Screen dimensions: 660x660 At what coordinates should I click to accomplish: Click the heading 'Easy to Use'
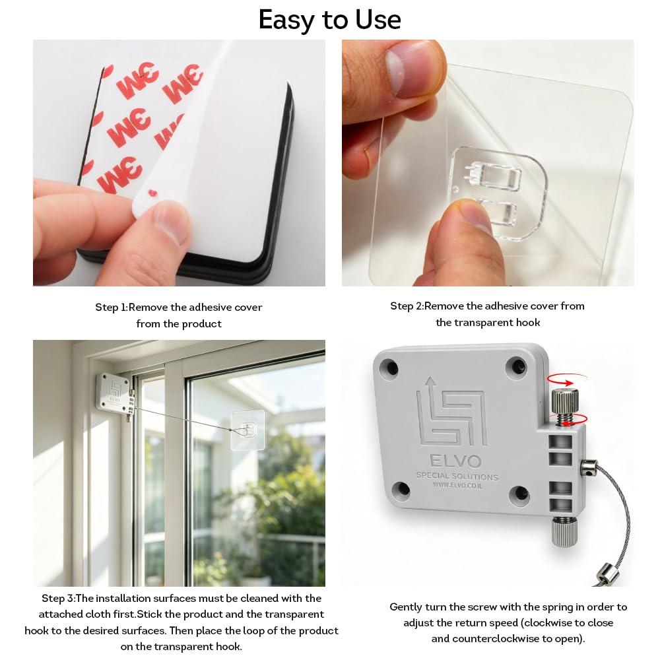tap(329, 19)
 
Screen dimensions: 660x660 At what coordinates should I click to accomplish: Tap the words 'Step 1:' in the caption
tap(111, 308)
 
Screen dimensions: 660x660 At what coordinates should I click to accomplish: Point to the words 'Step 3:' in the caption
tap(57, 598)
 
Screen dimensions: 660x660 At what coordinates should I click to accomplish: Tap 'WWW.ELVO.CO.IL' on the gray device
tap(458, 485)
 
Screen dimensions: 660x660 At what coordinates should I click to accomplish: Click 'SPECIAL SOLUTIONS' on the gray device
tap(457, 476)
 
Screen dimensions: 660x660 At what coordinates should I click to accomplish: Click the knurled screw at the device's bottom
tap(564, 533)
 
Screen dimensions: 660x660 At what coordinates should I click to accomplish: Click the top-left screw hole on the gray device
tap(389, 368)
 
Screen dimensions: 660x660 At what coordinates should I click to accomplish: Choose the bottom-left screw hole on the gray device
tap(401, 490)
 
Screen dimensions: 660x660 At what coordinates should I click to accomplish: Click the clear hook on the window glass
tap(248, 430)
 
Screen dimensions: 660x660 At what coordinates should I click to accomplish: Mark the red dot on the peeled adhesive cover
tap(152, 193)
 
